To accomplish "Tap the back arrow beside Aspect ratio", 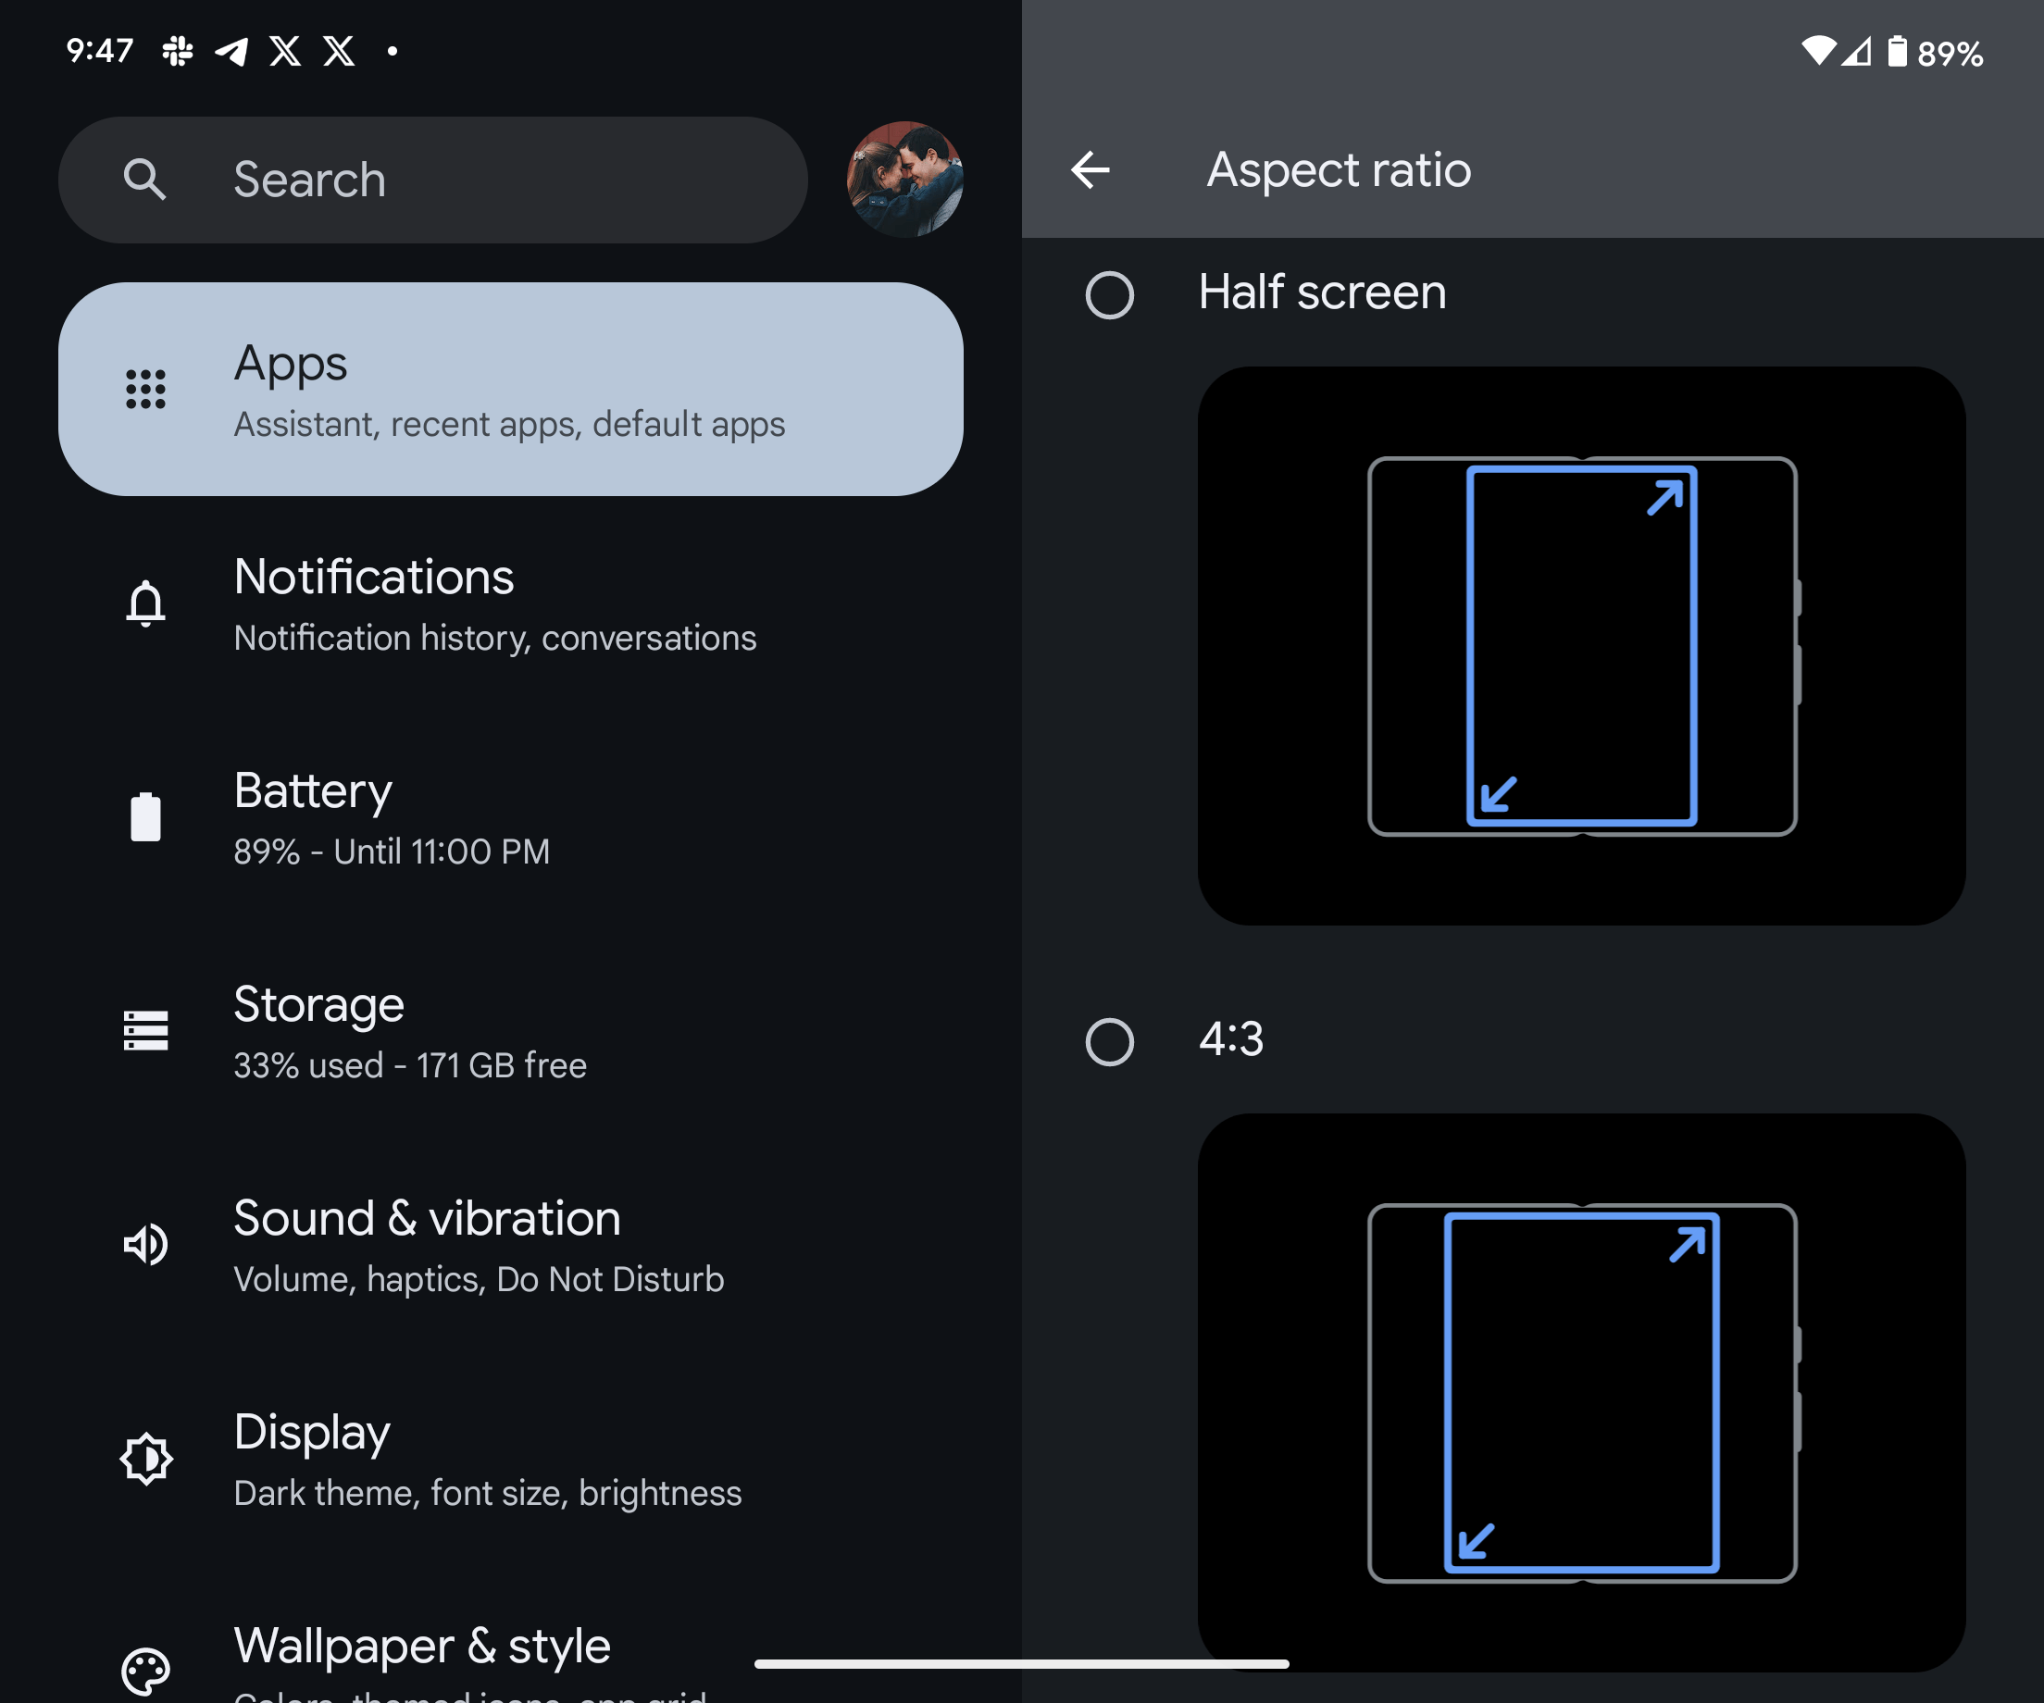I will tap(1091, 170).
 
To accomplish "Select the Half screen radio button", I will tap(1110, 295).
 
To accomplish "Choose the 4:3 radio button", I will tap(1110, 1042).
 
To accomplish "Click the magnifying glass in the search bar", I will tap(145, 180).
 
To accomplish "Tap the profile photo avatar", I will tap(904, 180).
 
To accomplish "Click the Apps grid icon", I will tap(146, 390).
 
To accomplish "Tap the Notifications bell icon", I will tap(146, 603).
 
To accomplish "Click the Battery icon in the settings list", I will tap(146, 816).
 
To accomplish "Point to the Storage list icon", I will tap(146, 1030).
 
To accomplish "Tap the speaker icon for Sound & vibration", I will tap(146, 1245).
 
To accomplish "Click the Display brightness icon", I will tap(146, 1458).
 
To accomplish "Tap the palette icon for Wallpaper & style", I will tap(146, 1671).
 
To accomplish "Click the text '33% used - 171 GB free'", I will tap(410, 1065).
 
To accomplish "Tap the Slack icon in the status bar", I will tap(177, 51).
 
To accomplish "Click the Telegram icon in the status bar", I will tap(231, 51).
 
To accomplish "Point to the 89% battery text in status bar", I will tap(1950, 54).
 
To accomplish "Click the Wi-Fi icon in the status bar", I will tap(1818, 51).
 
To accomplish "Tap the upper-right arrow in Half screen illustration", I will tap(1664, 497).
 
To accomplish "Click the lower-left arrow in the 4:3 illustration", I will tap(1477, 1540).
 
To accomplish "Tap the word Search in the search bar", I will tap(309, 180).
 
